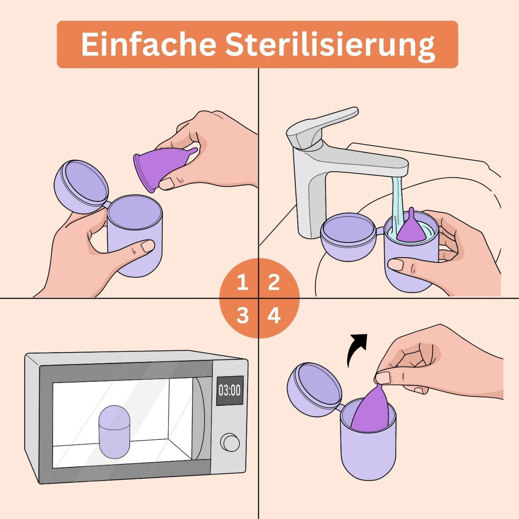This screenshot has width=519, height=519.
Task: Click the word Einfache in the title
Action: click(147, 44)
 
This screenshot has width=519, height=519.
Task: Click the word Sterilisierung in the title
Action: click(330, 45)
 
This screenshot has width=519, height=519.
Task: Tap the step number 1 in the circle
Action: click(242, 283)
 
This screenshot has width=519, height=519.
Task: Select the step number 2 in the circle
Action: click(274, 283)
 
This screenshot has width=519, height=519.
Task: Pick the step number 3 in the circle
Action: click(242, 316)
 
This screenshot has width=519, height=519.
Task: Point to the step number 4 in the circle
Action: click(274, 316)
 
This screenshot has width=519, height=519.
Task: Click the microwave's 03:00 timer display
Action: click(230, 390)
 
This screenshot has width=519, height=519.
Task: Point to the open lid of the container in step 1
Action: click(81, 186)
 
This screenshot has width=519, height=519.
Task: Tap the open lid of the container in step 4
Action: click(315, 389)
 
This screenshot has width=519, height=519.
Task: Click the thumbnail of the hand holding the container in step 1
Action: click(148, 246)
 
